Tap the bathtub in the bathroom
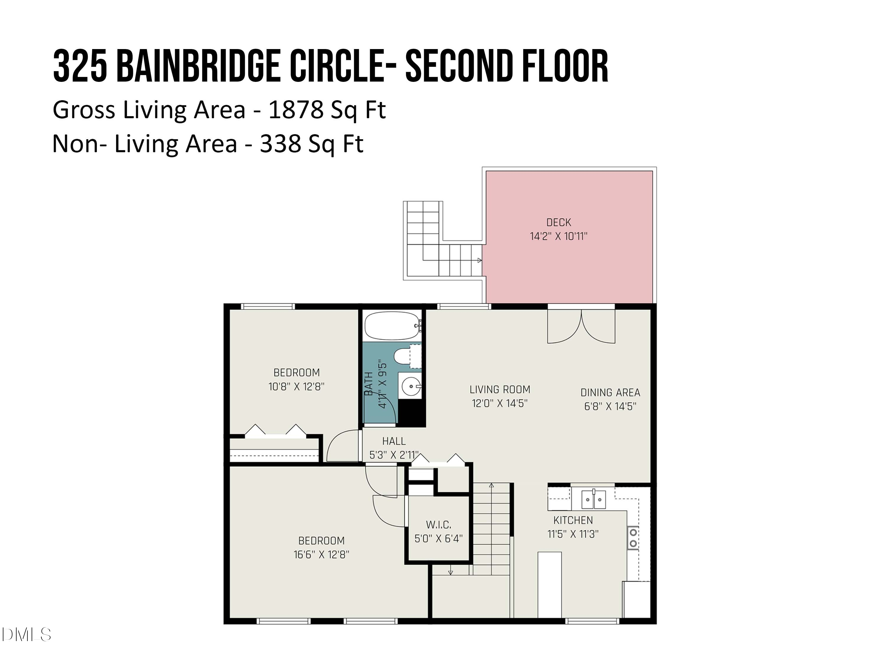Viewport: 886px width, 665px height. pyautogui.click(x=392, y=326)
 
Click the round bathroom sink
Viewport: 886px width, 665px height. pyautogui.click(x=410, y=386)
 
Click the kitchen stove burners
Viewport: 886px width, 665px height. pyautogui.click(x=633, y=538)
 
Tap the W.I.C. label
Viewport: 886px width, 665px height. pyautogui.click(x=439, y=524)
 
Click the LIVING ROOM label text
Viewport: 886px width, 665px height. pyautogui.click(x=500, y=389)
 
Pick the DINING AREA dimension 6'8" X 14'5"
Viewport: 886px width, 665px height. pyautogui.click(x=610, y=406)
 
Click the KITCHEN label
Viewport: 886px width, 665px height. pyautogui.click(x=573, y=520)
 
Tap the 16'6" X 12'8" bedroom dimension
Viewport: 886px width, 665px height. pyautogui.click(x=321, y=554)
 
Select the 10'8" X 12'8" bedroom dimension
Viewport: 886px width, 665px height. pyautogui.click(x=297, y=386)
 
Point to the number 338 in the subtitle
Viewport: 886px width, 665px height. pyautogui.click(x=280, y=144)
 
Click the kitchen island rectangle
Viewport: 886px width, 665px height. pyautogui.click(x=550, y=585)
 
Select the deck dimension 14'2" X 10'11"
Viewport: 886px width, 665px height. pyautogui.click(x=558, y=236)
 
